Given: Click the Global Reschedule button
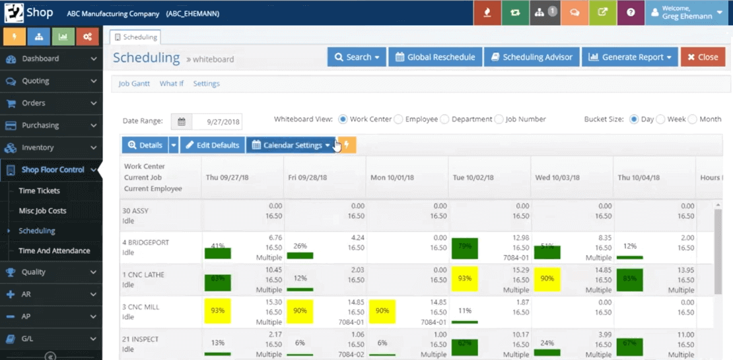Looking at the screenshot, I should pyautogui.click(x=435, y=57).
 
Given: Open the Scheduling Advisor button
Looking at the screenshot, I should pyautogui.click(x=532, y=57).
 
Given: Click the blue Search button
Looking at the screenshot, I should pyautogui.click(x=357, y=57).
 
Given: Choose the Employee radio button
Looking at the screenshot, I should pyautogui.click(x=398, y=120).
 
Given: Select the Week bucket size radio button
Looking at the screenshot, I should pyautogui.click(x=660, y=120).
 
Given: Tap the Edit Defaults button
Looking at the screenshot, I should pyautogui.click(x=212, y=145).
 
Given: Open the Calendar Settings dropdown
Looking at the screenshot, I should pyautogui.click(x=291, y=145).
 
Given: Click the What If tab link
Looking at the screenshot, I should pyautogui.click(x=172, y=84).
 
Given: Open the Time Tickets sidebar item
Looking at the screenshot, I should pyautogui.click(x=40, y=191).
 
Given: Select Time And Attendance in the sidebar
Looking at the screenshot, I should pyautogui.click(x=54, y=251).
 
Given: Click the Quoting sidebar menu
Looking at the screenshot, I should pyautogui.click(x=36, y=81).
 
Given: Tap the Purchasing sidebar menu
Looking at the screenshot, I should pyautogui.click(x=40, y=126).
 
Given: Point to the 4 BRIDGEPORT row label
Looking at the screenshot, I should pyautogui.click(x=146, y=242).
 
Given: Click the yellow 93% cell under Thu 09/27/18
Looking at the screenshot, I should pyautogui.click(x=218, y=310).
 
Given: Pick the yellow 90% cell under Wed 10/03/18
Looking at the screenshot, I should pyautogui.click(x=547, y=279).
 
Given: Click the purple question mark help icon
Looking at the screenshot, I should pyautogui.click(x=631, y=13).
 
